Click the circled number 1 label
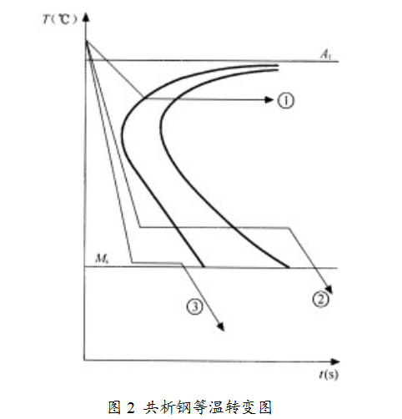point(285,100)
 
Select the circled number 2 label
point(320,300)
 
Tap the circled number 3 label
point(194,306)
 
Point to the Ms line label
point(102,259)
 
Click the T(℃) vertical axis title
point(59,19)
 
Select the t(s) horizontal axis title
point(329,375)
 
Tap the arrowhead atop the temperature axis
point(87,17)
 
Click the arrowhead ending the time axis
point(335,361)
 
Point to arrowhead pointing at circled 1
point(269,99)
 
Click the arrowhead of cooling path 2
point(329,290)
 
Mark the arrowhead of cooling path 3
point(221,327)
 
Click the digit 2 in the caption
point(130,408)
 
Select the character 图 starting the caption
point(114,407)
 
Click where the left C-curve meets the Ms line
point(204,267)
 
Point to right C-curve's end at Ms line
point(289,268)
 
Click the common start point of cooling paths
point(87,41)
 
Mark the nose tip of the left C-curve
point(123,131)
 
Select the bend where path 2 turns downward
point(289,229)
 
